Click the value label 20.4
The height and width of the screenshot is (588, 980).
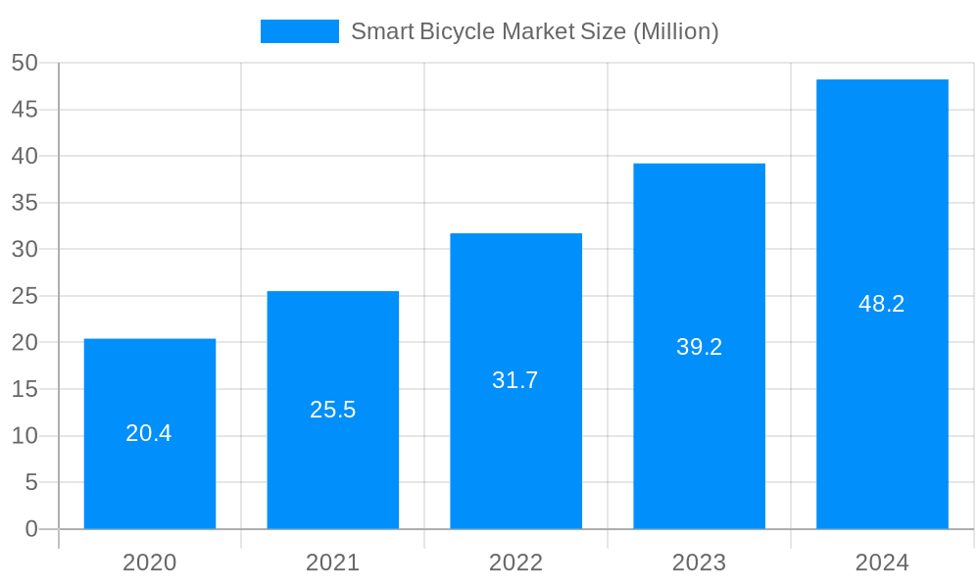pyautogui.click(x=149, y=433)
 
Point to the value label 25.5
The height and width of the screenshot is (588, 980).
pyautogui.click(x=333, y=410)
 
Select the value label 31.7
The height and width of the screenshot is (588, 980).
pyautogui.click(x=515, y=380)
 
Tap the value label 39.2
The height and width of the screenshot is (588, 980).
pyautogui.click(x=699, y=347)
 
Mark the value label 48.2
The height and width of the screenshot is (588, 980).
pyautogui.click(x=882, y=304)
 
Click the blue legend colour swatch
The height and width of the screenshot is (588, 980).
pyautogui.click(x=299, y=31)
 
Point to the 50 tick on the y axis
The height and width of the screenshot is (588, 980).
pyautogui.click(x=24, y=63)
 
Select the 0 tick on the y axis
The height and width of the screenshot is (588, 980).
pyautogui.click(x=31, y=529)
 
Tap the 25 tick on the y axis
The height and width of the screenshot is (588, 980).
pyautogui.click(x=24, y=296)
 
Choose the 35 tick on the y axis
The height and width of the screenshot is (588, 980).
pyautogui.click(x=24, y=203)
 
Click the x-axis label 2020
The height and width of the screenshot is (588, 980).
pyautogui.click(x=150, y=563)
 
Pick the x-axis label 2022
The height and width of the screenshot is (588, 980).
pyautogui.click(x=515, y=563)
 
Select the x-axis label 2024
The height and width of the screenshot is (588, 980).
pyautogui.click(x=882, y=563)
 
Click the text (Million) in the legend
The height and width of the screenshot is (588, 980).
pyautogui.click(x=675, y=31)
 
